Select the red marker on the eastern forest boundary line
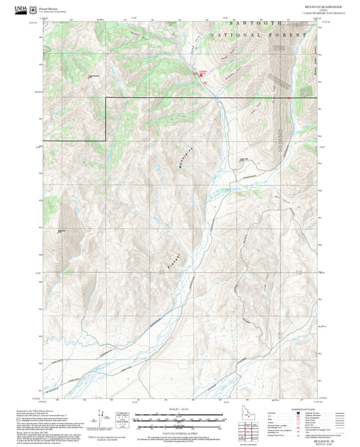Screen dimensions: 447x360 click(x=289, y=98)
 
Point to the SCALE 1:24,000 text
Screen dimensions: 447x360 click(x=179, y=409)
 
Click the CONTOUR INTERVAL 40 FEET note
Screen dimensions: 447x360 click(x=179, y=433)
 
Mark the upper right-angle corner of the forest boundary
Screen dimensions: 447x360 click(x=106, y=98)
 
